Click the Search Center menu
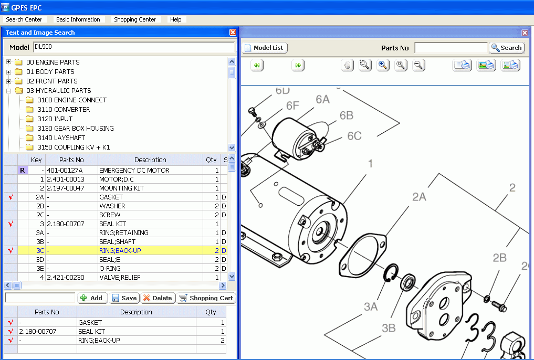24,19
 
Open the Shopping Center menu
135,19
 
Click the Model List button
265,48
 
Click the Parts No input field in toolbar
451,48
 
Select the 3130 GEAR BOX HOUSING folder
75,128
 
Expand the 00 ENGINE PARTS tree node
9,62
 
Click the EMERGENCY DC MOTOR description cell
134,171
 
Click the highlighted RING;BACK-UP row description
120,251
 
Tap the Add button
92,298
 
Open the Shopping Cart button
206,298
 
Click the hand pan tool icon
347,65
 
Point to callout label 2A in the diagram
418,197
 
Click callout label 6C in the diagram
354,136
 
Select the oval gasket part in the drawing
362,256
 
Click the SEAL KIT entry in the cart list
91,332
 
